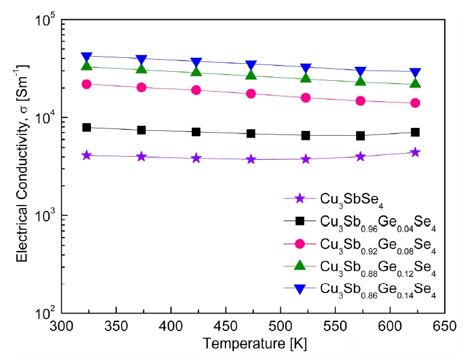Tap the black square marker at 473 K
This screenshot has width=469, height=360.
(x=251, y=133)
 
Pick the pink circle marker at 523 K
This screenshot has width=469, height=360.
(x=306, y=98)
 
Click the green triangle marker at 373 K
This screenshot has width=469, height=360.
(x=141, y=69)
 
